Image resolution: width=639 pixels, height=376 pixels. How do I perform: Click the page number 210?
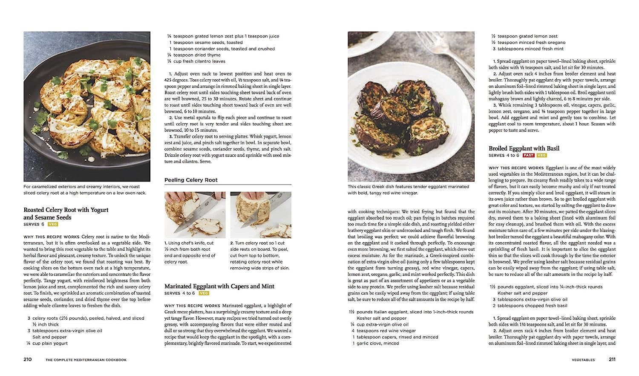click(x=28, y=359)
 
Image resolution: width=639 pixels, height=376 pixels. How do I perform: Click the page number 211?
click(x=612, y=359)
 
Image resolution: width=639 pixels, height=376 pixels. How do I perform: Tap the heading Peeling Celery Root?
click(x=191, y=180)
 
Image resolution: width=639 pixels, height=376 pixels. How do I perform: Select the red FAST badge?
click(x=528, y=155)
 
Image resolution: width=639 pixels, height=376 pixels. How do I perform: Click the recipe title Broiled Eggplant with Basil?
click(x=524, y=148)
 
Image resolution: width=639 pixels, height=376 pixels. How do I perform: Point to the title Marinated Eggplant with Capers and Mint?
click(x=219, y=286)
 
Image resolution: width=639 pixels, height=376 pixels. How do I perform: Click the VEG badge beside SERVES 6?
click(x=53, y=224)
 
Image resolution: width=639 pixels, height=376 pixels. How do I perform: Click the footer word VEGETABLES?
click(x=583, y=360)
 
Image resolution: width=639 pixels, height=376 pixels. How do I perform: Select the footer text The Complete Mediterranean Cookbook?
click(x=86, y=360)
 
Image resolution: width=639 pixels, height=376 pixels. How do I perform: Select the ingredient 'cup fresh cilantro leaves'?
click(x=199, y=61)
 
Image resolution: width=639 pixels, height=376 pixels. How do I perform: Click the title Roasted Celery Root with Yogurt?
click(x=66, y=210)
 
